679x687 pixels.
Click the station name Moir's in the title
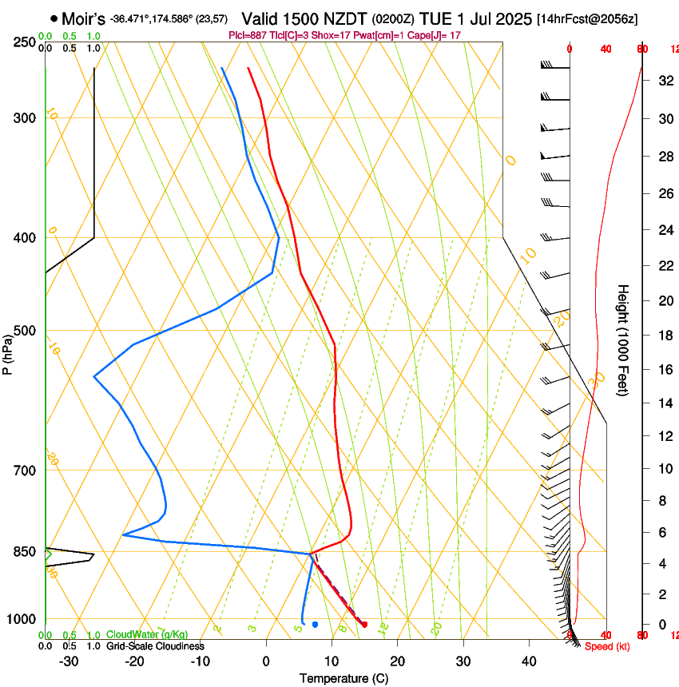click(x=83, y=18)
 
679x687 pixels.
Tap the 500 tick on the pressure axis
click(x=25, y=332)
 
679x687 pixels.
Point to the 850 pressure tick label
click(x=25, y=552)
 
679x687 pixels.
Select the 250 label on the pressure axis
click(x=25, y=42)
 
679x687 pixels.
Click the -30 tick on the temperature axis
click(x=69, y=661)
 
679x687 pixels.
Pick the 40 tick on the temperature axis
click(x=529, y=661)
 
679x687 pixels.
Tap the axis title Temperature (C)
click(x=343, y=679)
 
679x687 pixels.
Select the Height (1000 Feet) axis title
click(x=624, y=340)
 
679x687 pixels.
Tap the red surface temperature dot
click(x=364, y=625)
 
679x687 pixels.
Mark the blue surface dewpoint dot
click(x=316, y=625)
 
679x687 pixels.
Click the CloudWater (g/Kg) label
click(x=147, y=634)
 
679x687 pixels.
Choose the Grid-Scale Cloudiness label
click(x=155, y=646)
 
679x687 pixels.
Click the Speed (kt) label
click(x=607, y=646)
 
